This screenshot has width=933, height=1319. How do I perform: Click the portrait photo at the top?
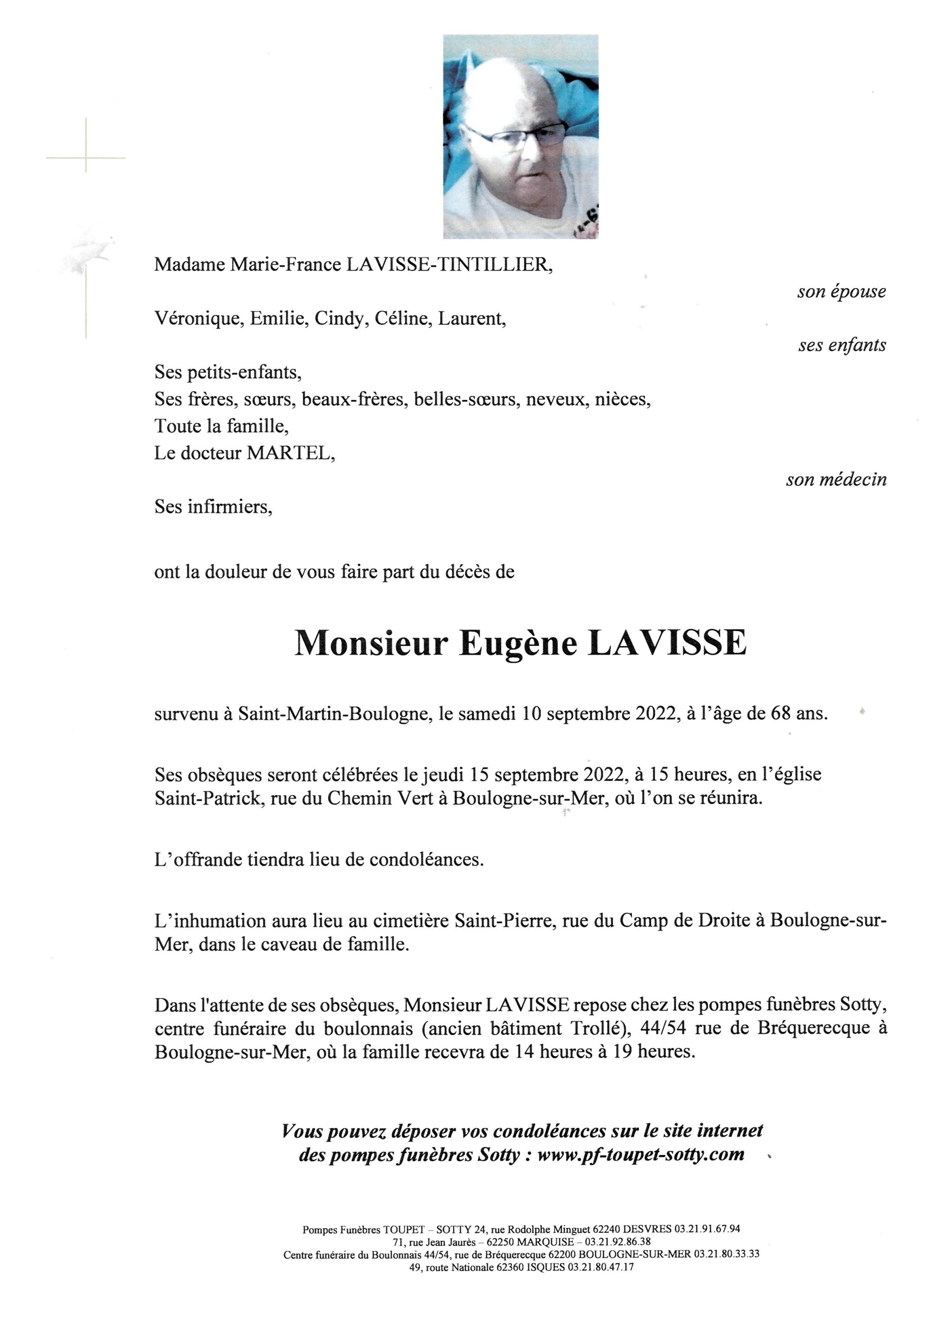520,137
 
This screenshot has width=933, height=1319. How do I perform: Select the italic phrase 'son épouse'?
841,292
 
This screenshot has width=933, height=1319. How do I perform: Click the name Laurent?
471,319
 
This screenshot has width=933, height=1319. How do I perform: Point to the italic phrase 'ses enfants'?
842,345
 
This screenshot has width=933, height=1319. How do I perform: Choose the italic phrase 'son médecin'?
836,480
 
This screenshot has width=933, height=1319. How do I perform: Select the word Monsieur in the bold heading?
371,643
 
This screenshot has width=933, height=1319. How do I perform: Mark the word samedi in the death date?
490,714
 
